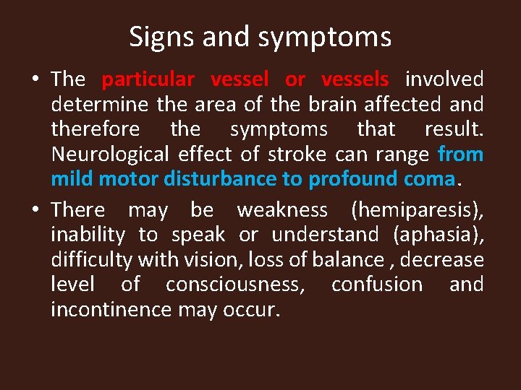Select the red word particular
(148, 79)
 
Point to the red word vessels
(355, 79)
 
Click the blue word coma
(433, 178)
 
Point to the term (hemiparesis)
(417, 210)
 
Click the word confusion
(376, 284)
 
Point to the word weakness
(282, 210)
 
